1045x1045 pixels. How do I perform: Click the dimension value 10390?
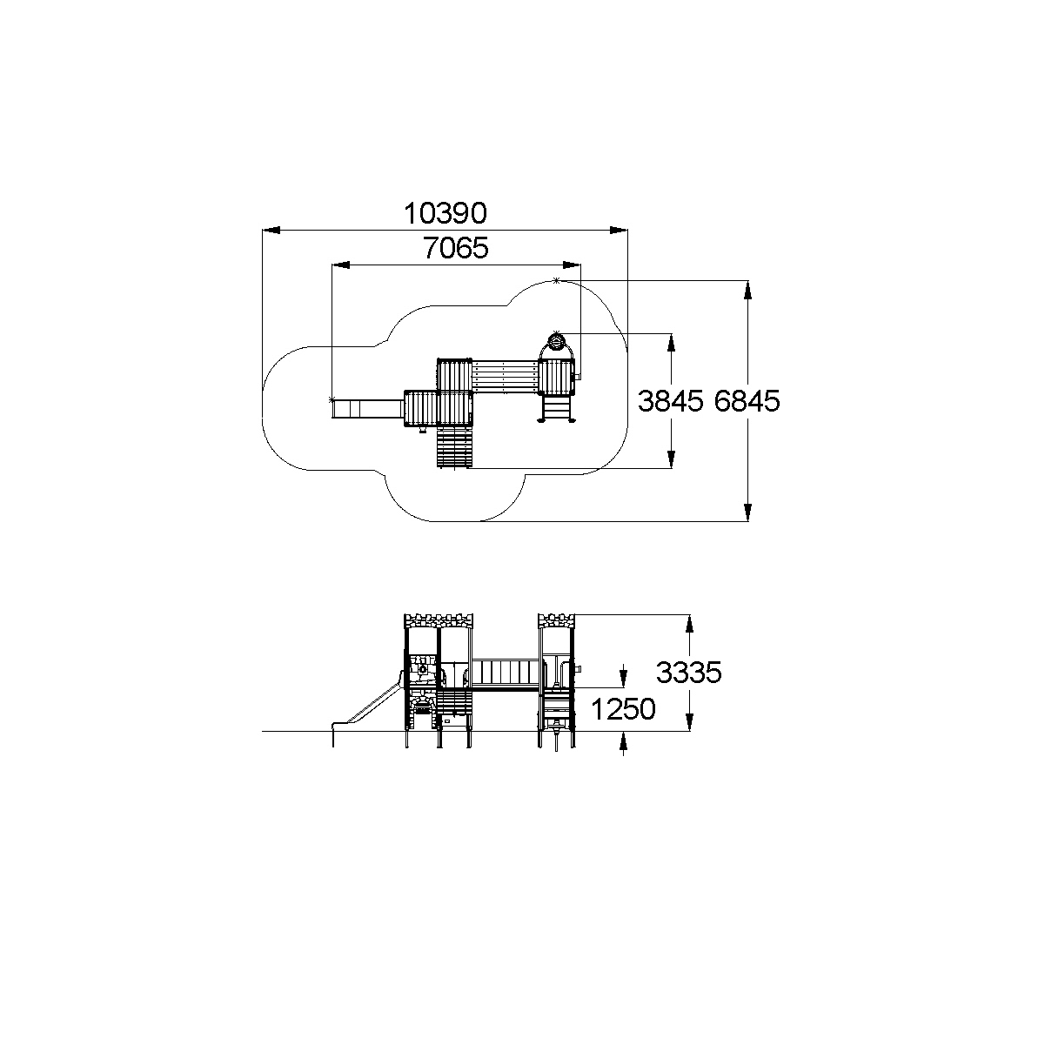coord(445,213)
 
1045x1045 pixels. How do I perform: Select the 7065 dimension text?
coord(456,248)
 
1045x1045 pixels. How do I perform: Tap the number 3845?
coord(670,401)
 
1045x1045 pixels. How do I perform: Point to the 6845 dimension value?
coord(747,401)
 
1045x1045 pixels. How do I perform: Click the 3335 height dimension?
coord(689,673)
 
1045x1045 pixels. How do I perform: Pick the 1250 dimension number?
coord(623,709)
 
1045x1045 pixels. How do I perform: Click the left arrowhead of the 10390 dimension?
coord(271,231)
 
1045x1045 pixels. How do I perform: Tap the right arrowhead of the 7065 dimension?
coord(572,265)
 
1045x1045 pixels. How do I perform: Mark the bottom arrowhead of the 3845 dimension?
coord(672,459)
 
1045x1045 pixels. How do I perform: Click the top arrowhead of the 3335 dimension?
coord(689,624)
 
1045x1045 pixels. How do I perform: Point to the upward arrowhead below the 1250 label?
coord(623,740)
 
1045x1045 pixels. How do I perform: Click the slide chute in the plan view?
coord(368,409)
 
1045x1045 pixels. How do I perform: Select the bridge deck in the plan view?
coord(505,377)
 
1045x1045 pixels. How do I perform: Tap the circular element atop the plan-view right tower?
coord(556,342)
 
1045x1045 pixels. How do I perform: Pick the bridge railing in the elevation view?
coord(506,673)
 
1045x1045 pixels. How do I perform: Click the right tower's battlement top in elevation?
coord(556,620)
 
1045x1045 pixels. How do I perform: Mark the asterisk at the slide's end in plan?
coord(332,399)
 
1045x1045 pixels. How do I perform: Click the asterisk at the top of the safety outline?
coord(556,280)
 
